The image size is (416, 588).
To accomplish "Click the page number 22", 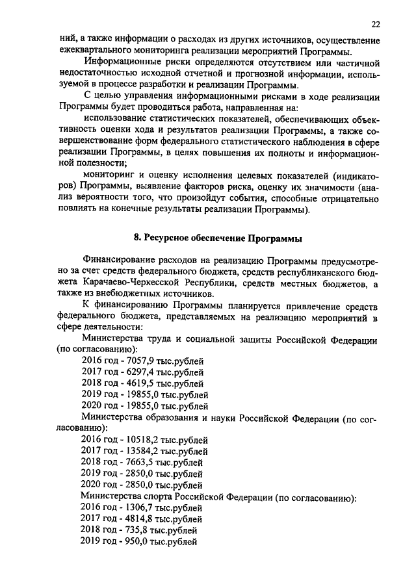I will pyautogui.click(x=375, y=25).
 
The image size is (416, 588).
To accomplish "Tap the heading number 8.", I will pyautogui.click(x=146, y=237).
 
